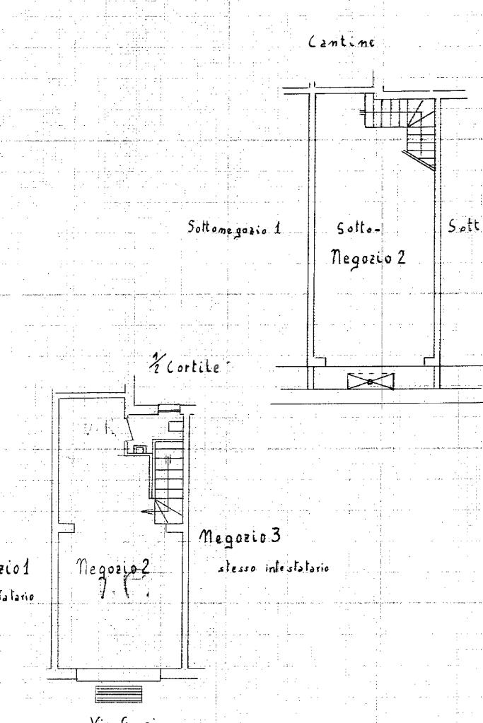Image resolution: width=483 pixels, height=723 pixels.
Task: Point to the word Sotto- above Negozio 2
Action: coord(359,229)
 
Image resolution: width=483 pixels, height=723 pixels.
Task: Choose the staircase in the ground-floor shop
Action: coord(168,478)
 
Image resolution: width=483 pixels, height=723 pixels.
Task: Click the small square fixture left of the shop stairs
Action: coord(139,447)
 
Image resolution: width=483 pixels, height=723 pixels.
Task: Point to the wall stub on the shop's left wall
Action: coord(68,527)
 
